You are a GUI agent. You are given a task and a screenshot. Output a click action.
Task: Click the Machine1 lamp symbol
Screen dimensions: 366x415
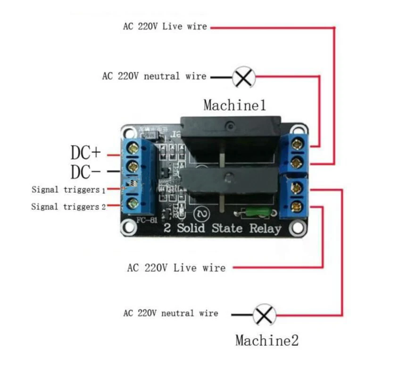(244, 77)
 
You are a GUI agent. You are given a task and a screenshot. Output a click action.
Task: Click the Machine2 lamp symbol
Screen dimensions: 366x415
(264, 315)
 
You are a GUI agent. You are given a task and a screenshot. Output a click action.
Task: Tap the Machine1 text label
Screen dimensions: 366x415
(234, 105)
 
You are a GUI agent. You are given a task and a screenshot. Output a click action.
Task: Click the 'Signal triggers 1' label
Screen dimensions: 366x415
(68, 190)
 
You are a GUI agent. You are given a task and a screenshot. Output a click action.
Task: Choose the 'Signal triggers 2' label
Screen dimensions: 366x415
(68, 206)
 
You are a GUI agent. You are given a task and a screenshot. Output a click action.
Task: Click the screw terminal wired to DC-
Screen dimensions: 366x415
(133, 166)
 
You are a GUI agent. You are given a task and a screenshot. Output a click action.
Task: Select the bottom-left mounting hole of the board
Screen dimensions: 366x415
(128, 229)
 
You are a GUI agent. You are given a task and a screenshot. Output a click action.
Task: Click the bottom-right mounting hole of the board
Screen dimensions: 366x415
(297, 229)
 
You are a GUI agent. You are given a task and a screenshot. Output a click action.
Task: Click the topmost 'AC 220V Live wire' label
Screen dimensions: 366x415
(165, 26)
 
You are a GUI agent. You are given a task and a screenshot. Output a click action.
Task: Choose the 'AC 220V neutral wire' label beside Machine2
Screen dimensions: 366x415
(170, 313)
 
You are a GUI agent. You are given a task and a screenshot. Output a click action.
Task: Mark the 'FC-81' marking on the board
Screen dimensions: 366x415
(145, 220)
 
